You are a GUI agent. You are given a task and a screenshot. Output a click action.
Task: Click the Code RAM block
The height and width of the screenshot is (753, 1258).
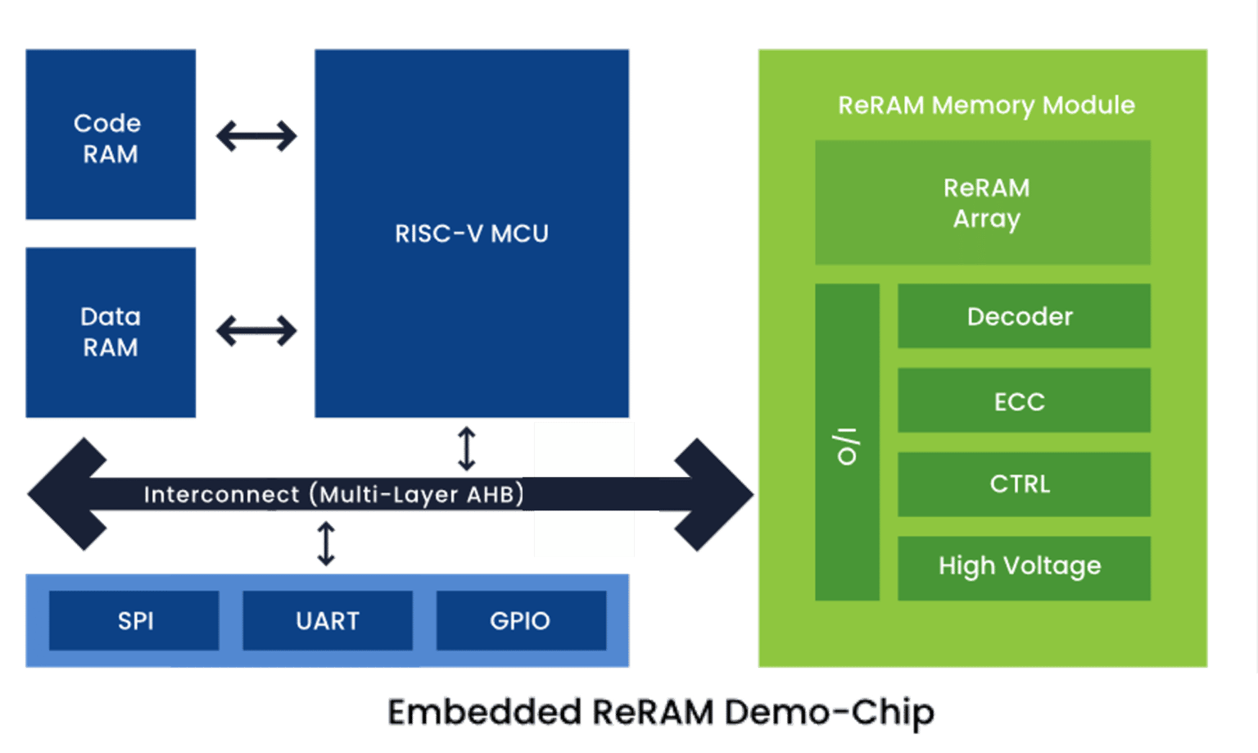[111, 135]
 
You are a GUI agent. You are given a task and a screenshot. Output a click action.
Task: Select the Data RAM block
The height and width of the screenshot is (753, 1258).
[111, 333]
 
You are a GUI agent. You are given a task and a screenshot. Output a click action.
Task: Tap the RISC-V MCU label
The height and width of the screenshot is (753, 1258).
[472, 234]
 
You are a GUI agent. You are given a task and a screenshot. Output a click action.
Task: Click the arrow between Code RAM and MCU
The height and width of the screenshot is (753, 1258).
[256, 135]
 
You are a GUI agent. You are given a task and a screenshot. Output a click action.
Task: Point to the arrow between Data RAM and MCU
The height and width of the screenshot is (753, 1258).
[256, 331]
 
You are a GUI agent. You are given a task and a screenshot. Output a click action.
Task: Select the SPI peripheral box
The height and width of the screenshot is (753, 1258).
[134, 620]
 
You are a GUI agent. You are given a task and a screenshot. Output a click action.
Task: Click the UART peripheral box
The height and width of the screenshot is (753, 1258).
[328, 620]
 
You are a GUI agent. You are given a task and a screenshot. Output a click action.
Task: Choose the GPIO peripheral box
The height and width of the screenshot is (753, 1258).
[521, 620]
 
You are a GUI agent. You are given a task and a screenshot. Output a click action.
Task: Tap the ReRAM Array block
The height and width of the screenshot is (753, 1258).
[983, 202]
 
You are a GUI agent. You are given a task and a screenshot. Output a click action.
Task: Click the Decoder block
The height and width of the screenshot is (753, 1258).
[1024, 316]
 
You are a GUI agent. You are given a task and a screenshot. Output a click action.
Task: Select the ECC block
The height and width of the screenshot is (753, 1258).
[1024, 401]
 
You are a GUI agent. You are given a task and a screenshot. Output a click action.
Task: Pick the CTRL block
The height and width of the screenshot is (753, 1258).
[1024, 484]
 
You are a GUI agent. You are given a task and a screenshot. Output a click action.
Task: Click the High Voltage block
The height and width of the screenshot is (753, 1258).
[1024, 568]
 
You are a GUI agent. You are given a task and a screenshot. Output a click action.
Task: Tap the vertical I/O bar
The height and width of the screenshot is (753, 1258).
[847, 442]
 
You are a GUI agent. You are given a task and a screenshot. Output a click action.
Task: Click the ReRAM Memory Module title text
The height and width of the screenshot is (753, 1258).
[986, 105]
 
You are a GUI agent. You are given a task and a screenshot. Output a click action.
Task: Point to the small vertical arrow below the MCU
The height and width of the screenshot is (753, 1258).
[467, 449]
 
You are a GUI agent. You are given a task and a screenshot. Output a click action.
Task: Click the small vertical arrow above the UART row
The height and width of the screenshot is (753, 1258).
[326, 544]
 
